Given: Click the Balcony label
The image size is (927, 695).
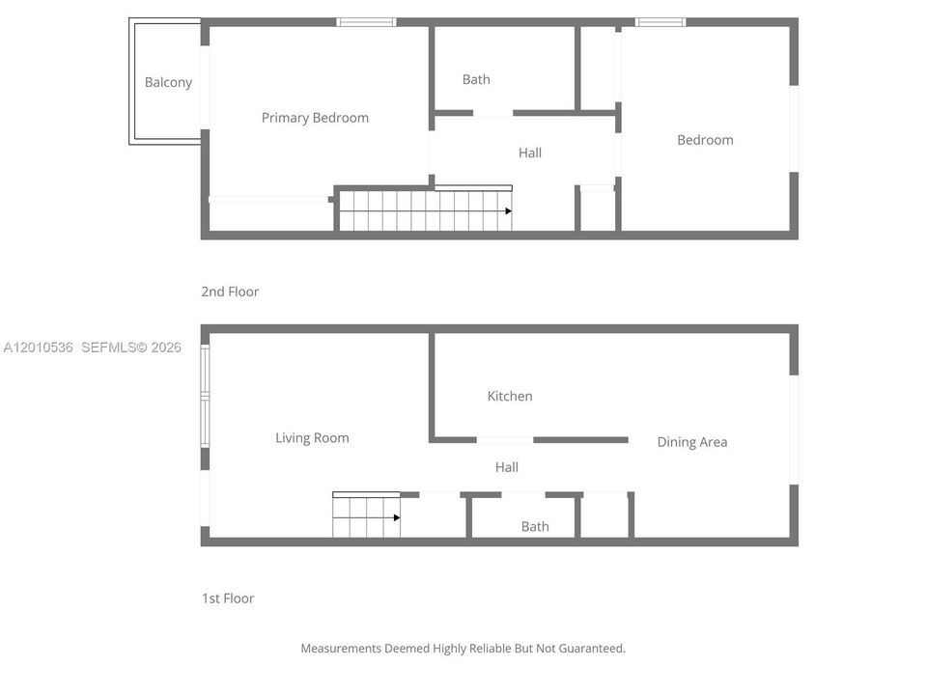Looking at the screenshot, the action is [x=168, y=82].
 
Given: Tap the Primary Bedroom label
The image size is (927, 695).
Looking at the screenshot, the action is [x=315, y=118].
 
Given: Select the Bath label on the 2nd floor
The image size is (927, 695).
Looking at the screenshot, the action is [x=476, y=79].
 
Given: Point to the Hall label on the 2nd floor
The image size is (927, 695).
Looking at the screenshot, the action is [x=530, y=153].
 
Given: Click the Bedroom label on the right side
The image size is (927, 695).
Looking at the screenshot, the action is [x=705, y=140].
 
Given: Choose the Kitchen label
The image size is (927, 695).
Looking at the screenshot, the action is [x=510, y=396].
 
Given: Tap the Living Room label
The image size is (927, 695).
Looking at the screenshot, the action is [x=312, y=438].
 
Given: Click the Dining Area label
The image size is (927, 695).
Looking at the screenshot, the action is [x=692, y=442].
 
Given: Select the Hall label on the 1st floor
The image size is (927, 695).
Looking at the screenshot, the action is [x=507, y=467].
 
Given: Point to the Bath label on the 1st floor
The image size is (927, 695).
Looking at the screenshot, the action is [x=535, y=526].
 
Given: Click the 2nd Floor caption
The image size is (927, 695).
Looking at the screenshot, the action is [x=230, y=292].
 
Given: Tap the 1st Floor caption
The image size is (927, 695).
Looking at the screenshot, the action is [x=228, y=598].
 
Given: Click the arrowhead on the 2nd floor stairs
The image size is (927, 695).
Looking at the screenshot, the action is [x=509, y=211].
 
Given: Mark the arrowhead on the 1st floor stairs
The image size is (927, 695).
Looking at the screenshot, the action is [x=397, y=517].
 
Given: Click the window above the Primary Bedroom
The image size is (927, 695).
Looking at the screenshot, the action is [x=367, y=22].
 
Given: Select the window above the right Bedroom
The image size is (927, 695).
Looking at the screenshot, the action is [x=660, y=22].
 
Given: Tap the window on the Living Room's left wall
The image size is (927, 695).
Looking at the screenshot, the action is [x=205, y=396].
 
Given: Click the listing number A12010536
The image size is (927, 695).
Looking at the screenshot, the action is [x=39, y=347].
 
